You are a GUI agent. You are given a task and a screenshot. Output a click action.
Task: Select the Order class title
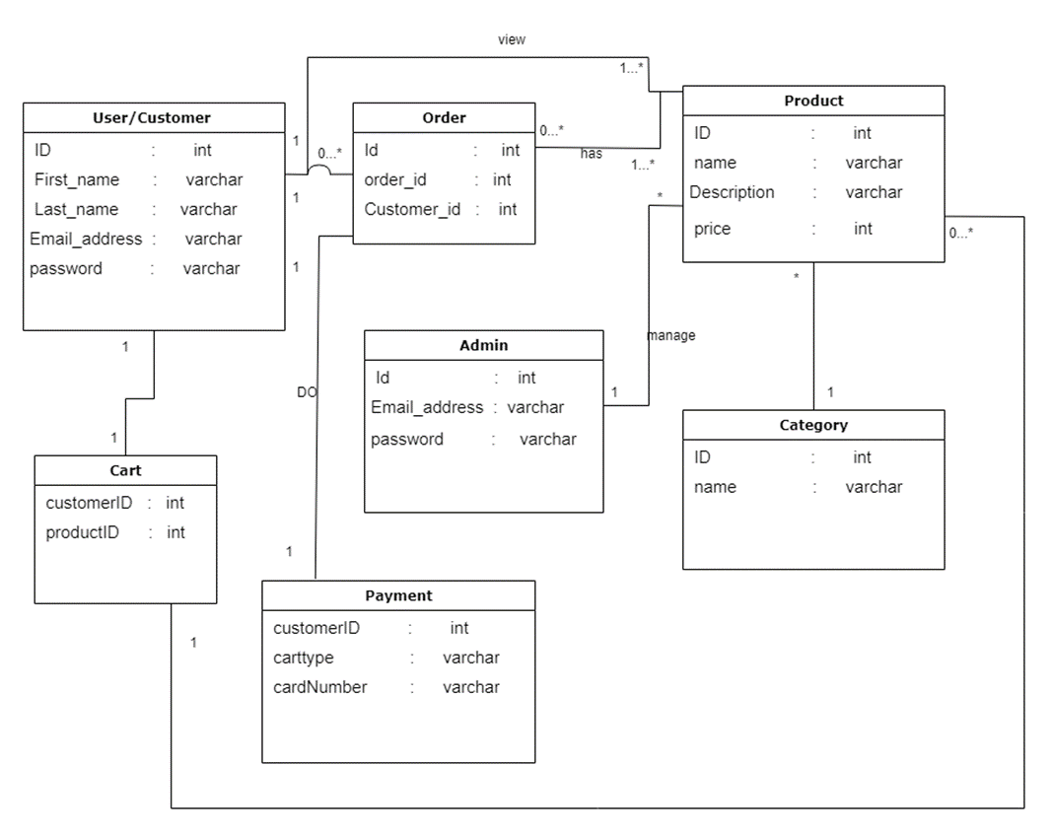pos(444,117)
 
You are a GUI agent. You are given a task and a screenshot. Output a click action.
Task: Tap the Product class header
pos(813,101)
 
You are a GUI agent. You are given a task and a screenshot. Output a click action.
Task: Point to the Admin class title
pos(483,345)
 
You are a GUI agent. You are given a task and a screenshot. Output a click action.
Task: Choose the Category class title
pos(813,425)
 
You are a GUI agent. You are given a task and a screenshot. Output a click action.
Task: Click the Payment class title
pos(398,595)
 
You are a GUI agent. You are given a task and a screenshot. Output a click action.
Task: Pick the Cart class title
pos(125,470)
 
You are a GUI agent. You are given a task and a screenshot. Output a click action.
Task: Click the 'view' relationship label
pos(512,39)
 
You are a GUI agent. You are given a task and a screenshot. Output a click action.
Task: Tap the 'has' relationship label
pos(591,154)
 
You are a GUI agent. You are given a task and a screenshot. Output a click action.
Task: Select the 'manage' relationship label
pos(670,335)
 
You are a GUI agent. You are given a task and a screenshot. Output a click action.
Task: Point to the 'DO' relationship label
pos(307,392)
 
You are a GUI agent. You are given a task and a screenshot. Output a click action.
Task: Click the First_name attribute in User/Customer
pos(76,179)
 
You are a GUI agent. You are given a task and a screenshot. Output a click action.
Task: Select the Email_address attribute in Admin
pos(427,407)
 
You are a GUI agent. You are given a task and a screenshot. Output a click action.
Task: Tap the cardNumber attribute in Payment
pos(319,687)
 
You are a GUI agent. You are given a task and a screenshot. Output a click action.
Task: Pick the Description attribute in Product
pos(732,192)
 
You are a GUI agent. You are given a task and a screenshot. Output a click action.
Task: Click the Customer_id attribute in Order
pos(412,209)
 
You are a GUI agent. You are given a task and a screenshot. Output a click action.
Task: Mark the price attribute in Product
pos(712,229)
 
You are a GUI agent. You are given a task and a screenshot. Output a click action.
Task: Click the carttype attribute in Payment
pos(304,658)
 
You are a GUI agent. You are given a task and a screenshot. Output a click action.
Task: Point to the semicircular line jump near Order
pos(317,171)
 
